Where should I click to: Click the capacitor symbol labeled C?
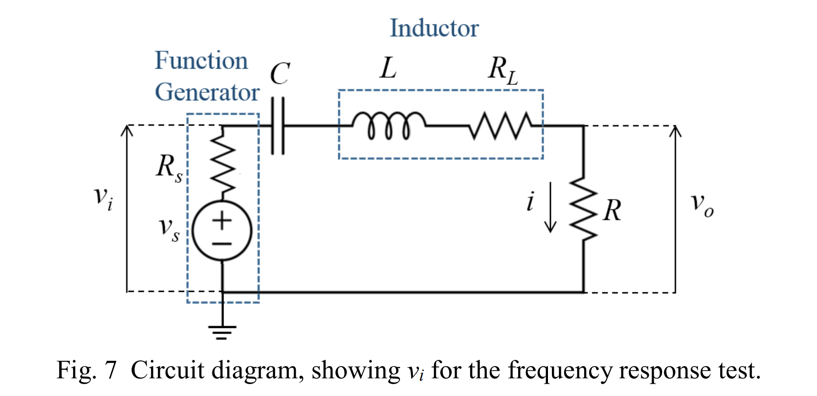click(278, 126)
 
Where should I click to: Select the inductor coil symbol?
click(389, 125)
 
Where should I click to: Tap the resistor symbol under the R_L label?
click(500, 126)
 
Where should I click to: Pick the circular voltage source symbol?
click(222, 231)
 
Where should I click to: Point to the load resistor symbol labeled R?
click(583, 209)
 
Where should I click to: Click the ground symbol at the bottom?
click(222, 331)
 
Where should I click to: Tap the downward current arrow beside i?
click(550, 207)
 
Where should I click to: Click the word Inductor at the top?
click(434, 28)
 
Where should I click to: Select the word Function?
click(201, 61)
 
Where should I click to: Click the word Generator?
click(207, 92)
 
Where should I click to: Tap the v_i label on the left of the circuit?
click(103, 197)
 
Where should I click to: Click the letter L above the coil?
click(388, 68)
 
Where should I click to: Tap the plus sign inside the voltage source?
click(222, 220)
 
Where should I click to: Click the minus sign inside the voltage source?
click(222, 244)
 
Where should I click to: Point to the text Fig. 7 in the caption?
click(86, 370)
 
